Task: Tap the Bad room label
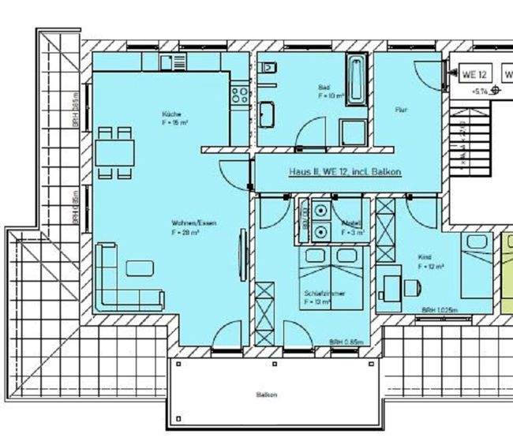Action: (324, 91)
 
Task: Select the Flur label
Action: (400, 110)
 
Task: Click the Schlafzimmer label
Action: (324, 297)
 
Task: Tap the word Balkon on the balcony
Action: (267, 394)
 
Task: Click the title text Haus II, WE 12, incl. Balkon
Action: (345, 171)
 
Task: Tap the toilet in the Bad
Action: (269, 70)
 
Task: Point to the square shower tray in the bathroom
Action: (352, 132)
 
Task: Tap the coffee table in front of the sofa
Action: (140, 267)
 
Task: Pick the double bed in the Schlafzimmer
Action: (331, 276)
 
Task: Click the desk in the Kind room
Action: (389, 285)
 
